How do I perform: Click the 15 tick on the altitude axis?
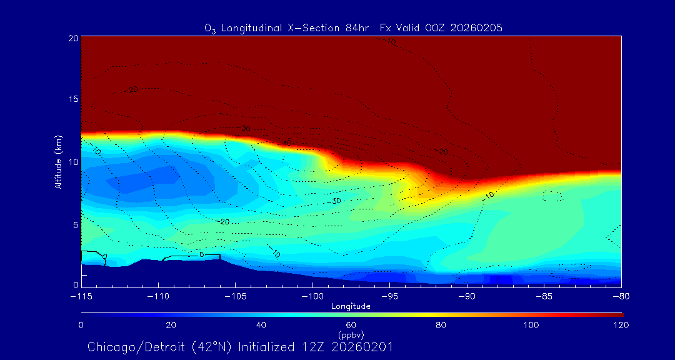71,99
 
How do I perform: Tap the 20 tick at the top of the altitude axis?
71,38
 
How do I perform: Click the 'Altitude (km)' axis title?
58,161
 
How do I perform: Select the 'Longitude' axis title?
351,306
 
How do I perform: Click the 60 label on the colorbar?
351,325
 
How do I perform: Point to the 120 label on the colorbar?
621,325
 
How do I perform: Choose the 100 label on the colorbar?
531,325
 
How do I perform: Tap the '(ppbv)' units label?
351,335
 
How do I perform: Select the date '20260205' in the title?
477,27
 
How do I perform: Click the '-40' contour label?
286,144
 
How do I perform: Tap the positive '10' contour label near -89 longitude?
489,196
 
